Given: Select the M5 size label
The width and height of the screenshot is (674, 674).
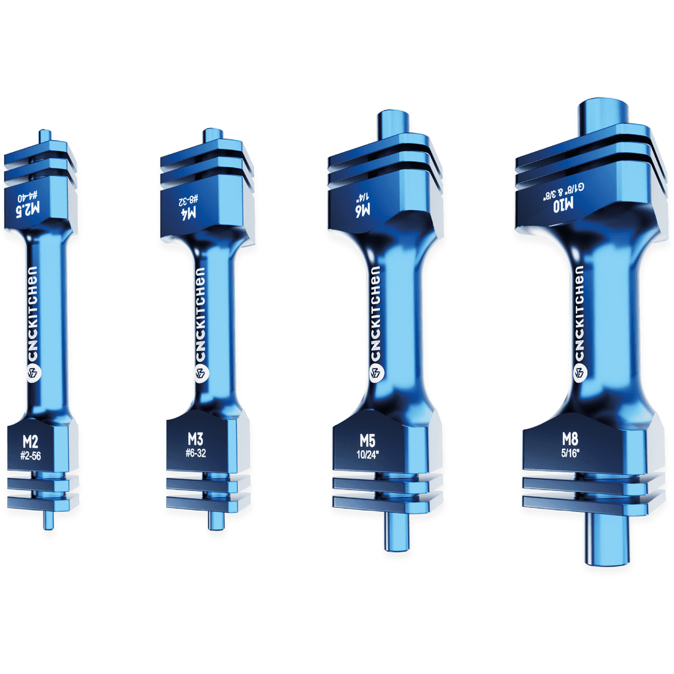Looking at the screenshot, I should pyautogui.click(x=367, y=439).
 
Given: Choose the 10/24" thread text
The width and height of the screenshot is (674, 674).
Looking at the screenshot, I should pyautogui.click(x=367, y=453).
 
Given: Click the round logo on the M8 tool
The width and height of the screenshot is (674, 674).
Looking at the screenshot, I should pyautogui.click(x=580, y=373).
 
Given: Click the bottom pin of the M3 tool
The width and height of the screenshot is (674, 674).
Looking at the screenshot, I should pyautogui.click(x=215, y=520).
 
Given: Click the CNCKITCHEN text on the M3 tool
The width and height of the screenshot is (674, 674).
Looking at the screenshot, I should pyautogui.click(x=200, y=313).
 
